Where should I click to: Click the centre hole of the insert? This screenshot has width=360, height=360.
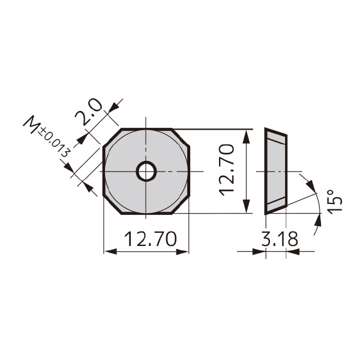(146, 172)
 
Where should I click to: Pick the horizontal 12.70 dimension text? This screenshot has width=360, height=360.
(150, 239)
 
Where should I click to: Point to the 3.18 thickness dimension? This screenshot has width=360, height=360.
(280, 239)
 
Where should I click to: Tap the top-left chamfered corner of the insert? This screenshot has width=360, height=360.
(112, 138)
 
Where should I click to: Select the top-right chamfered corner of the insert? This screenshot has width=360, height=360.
(181, 138)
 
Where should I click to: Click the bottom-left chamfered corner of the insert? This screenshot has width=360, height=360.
(112, 205)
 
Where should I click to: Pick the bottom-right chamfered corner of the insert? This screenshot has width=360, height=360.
(181, 205)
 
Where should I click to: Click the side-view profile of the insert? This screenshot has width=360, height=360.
(276, 172)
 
